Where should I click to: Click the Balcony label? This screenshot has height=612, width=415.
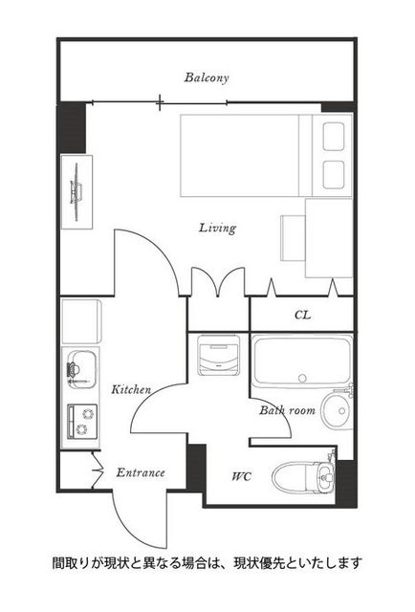coord(207,77)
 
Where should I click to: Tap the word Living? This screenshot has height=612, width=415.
coord(217,228)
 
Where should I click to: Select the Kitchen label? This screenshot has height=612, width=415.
coord(131,389)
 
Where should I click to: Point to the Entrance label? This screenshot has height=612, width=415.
coord(141,472)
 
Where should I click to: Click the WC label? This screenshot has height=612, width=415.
coord(242,476)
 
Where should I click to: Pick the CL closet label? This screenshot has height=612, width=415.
coord(302,315)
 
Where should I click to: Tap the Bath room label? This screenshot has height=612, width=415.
coord(287,410)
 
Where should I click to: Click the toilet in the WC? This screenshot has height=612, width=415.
coord(303,476)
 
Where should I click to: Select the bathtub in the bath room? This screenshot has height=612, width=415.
coord(302,361)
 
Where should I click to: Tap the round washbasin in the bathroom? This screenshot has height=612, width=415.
coord(337,411)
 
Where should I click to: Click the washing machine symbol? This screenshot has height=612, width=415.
coord(218,355)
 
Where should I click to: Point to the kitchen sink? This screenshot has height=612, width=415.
coord(81,370)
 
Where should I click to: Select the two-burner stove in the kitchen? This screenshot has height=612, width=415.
coord(82,421)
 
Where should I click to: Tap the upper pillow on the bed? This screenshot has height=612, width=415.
coord(334,136)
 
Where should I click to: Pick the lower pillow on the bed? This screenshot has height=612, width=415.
coord(334,174)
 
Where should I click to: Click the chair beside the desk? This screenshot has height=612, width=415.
coord(293,238)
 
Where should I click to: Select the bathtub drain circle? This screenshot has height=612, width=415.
coord(302,378)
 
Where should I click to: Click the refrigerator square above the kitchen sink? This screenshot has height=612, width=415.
coord(81,321)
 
